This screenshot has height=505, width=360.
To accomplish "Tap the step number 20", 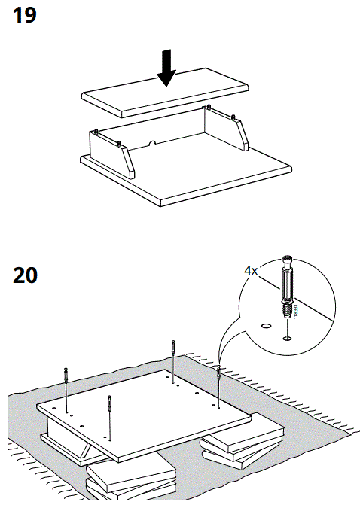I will pyautogui.click(x=26, y=275).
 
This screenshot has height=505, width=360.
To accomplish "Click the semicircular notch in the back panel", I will pyautogui.click(x=152, y=141).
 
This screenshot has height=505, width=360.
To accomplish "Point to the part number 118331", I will pyautogui.click(x=294, y=312).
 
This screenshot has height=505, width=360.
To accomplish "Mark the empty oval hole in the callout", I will pyautogui.click(x=264, y=326).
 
